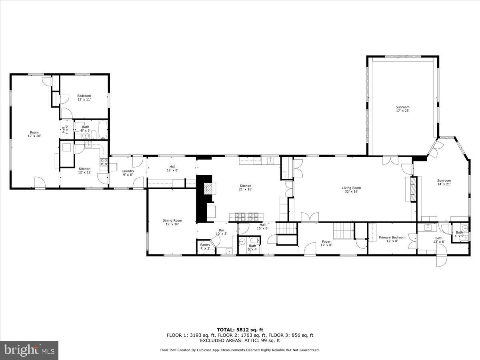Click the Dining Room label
pyautogui.click(x=172, y=222)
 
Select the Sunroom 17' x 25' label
pyautogui.click(x=402, y=109)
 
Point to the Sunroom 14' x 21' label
pyautogui.click(x=444, y=182)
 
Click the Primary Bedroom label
pyautogui.click(x=392, y=239)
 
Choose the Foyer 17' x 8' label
pyautogui.click(x=326, y=243)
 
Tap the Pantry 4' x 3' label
pyautogui.click(x=205, y=246)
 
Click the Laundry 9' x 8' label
pyautogui.click(x=128, y=173)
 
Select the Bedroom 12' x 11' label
pyautogui.click(x=84, y=98)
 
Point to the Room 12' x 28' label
pyautogui.click(x=34, y=134)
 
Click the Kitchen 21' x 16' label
pyautogui.click(x=245, y=188)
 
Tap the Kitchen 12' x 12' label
pyautogui.click(x=84, y=170)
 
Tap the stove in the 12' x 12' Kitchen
pyautogui.click(x=104, y=162)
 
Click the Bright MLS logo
pyautogui.click(x=29, y=350)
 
